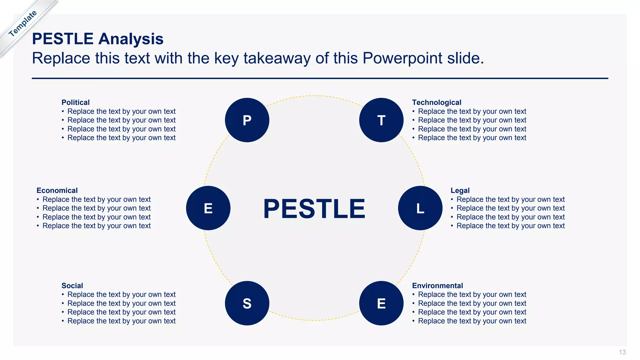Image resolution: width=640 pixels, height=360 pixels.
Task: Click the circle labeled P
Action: pos(247,120)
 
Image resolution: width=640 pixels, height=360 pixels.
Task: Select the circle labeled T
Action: pos(381,120)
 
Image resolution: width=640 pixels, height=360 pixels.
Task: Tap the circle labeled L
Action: pos(420,208)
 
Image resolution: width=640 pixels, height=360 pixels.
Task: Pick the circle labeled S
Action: pos(247,303)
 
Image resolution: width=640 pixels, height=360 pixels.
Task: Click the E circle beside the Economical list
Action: pos(208,208)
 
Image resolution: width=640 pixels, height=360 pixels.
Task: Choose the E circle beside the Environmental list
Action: pos(381,303)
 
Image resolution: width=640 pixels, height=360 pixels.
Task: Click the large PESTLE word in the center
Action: pos(314,209)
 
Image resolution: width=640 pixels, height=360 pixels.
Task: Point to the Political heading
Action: pos(75,102)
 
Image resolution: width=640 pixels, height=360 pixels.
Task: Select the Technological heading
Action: pos(437,102)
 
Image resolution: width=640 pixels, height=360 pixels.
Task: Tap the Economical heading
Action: pos(57,191)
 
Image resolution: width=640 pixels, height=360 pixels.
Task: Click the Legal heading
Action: pos(460,191)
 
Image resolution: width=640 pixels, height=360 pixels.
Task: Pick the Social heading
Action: pos(72,286)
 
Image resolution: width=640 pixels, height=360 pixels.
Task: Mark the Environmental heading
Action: pos(437,286)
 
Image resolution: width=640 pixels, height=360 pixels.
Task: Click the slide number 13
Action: pos(622,352)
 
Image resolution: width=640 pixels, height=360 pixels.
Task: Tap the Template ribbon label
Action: pos(22,23)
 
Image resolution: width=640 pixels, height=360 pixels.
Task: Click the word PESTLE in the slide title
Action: pos(63,39)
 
